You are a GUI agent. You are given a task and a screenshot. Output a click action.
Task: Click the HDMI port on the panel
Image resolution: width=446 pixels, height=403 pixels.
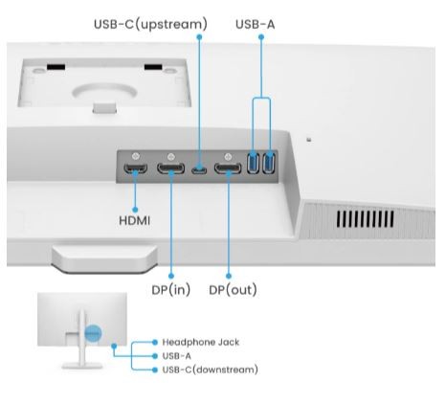135,168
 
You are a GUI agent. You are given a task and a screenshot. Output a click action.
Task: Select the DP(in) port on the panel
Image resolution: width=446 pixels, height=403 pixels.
170,168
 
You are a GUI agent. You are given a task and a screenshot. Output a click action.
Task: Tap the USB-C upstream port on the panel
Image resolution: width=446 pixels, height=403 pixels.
199,169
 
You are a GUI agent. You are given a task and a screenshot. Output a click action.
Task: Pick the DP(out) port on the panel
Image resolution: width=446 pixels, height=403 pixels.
228,168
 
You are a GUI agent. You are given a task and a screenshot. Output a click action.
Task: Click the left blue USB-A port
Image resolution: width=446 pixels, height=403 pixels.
253,163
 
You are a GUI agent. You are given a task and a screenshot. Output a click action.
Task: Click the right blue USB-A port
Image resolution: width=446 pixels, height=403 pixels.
269,163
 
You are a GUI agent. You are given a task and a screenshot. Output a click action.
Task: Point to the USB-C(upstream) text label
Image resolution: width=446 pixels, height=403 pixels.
150,24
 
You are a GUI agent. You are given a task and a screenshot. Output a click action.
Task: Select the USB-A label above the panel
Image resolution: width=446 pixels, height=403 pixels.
256,24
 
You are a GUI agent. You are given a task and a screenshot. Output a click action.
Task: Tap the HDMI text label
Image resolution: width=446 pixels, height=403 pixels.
134,221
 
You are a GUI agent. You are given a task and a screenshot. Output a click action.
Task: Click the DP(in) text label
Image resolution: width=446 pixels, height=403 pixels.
171,290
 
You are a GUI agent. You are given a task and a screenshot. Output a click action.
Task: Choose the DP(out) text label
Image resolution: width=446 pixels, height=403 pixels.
233,290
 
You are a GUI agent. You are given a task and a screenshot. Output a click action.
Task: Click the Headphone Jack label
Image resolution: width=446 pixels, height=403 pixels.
201,343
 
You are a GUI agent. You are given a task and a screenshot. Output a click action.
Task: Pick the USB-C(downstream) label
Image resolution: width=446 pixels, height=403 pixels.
211,369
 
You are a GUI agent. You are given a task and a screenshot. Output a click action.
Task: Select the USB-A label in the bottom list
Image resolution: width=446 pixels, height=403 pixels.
176,356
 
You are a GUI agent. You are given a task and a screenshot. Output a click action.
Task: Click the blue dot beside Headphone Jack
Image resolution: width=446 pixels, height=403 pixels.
155,343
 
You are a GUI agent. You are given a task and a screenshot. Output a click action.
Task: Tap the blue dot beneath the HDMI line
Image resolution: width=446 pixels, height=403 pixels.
135,210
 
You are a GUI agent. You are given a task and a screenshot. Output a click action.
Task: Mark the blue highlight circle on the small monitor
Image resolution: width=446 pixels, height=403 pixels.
93,333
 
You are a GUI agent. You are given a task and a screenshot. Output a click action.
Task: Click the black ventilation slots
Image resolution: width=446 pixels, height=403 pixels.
365,219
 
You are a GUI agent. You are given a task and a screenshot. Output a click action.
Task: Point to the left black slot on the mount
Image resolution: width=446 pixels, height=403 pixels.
56,67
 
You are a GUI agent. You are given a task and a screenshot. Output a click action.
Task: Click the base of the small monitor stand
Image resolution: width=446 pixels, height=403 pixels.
82,366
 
